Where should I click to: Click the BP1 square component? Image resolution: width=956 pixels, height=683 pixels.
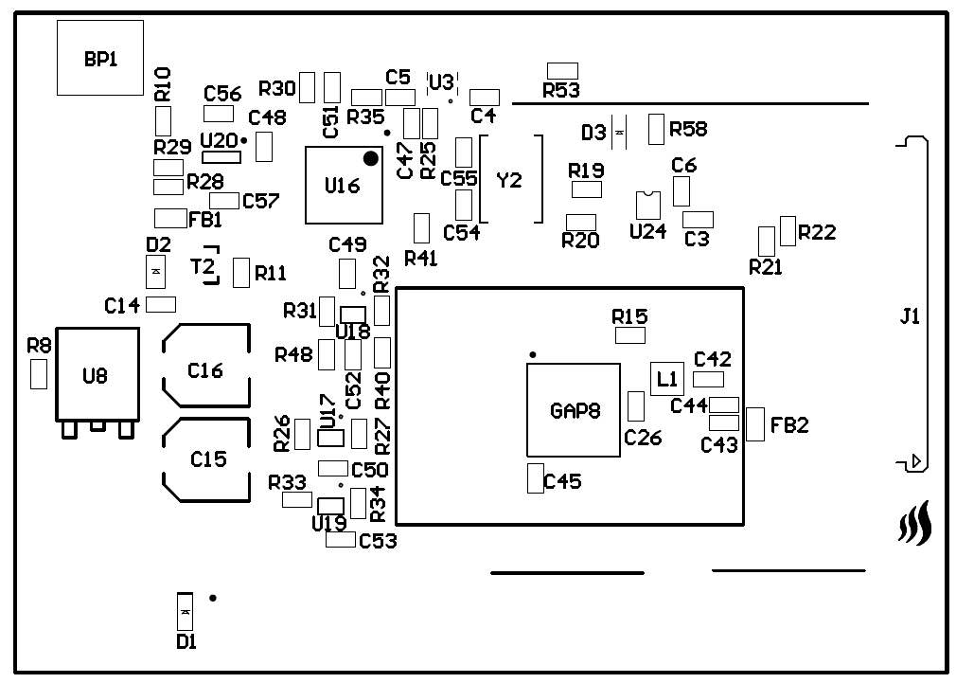[100, 58]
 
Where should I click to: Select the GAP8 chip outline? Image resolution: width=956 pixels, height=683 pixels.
[574, 410]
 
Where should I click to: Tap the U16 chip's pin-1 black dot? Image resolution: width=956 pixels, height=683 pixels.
[370, 158]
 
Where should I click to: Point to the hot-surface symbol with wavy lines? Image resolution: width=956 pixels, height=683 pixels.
[914, 524]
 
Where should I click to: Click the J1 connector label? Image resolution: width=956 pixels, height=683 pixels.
[910, 317]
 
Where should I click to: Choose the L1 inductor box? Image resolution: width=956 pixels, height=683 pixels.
[667, 379]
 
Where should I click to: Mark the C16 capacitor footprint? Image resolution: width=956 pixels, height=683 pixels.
[205, 370]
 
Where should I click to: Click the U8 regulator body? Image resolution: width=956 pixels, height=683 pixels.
[97, 375]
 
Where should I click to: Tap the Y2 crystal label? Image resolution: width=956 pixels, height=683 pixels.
[509, 180]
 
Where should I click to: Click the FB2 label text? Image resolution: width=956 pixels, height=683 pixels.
[789, 425]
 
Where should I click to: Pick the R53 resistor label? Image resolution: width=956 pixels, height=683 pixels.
[561, 91]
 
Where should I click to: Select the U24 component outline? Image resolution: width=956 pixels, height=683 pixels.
[647, 205]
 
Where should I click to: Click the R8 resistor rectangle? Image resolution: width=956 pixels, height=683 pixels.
[39, 374]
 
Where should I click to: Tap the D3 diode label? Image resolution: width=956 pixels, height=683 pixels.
[593, 133]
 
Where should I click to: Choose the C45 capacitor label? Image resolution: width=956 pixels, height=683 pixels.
[562, 482]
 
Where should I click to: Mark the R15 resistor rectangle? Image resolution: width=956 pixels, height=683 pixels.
[629, 335]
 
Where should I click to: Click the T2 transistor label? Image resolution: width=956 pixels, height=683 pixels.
[203, 265]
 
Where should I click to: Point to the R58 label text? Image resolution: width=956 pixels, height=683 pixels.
[688, 129]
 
